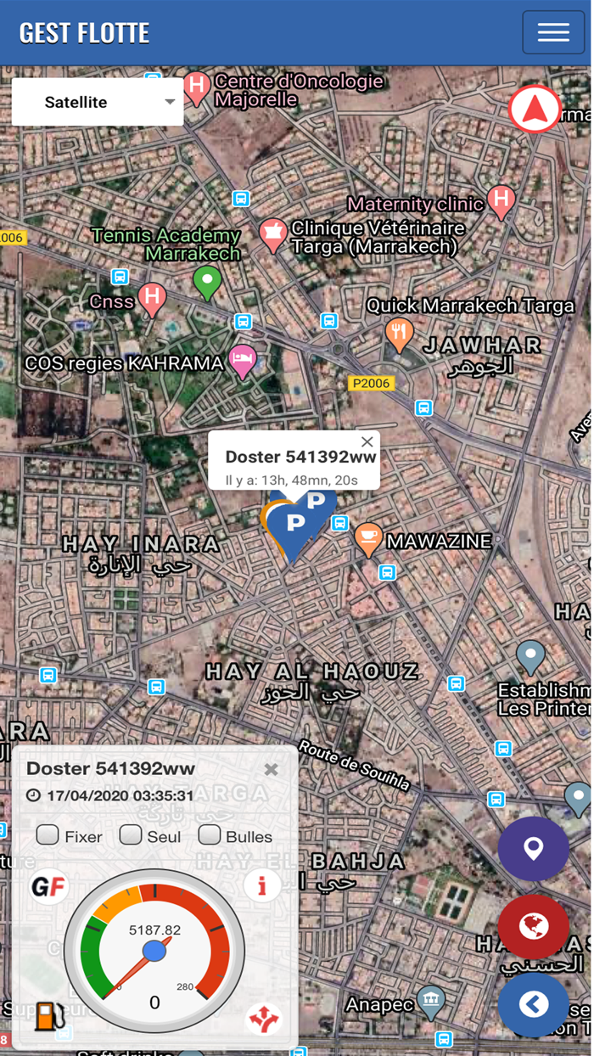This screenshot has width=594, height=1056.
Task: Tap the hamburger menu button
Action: (x=552, y=32)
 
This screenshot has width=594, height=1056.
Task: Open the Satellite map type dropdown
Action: (x=98, y=102)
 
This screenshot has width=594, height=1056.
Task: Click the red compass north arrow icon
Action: (x=535, y=109)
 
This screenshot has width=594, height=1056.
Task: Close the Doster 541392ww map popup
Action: (x=367, y=441)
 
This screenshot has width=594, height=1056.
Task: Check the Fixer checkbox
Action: (x=48, y=835)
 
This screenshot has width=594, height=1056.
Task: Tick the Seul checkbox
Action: (x=130, y=835)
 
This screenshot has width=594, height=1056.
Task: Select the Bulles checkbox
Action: (x=210, y=835)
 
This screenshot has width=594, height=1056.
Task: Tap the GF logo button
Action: (x=48, y=887)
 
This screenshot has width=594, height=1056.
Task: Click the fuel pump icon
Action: (x=48, y=1016)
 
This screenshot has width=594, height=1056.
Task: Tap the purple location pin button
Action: (x=533, y=848)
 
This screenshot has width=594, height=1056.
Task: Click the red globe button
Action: (x=533, y=926)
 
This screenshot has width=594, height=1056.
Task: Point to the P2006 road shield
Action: (x=371, y=384)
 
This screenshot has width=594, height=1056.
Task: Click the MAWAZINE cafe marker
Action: (x=367, y=538)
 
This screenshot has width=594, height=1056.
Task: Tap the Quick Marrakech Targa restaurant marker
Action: (x=399, y=333)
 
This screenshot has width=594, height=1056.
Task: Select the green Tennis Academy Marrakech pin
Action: (x=207, y=280)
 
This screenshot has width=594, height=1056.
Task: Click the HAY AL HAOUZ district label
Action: (x=312, y=672)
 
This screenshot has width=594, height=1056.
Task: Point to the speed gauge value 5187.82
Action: (x=154, y=930)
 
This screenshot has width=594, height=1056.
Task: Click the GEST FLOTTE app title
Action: (x=84, y=33)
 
